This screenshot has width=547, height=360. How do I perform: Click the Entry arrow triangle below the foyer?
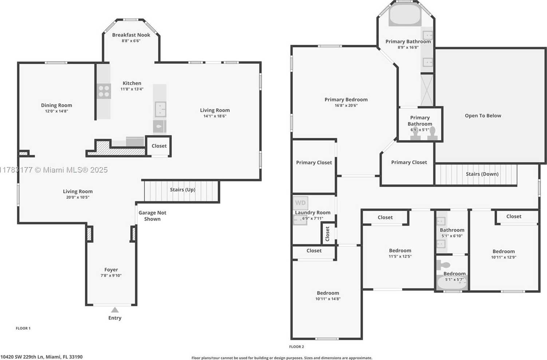(x=115, y=310)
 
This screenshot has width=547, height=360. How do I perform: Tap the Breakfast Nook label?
(x=131, y=35)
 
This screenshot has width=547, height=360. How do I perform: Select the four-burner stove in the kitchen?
(x=104, y=91)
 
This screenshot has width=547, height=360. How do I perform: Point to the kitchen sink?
(x=161, y=109)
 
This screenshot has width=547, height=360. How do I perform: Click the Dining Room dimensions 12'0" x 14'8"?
(x=56, y=111)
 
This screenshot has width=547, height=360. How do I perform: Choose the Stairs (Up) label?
(x=183, y=190)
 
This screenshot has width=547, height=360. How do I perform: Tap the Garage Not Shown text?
(x=152, y=216)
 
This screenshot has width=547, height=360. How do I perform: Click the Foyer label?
(x=111, y=269)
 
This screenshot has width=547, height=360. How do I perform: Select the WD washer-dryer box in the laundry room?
(x=300, y=203)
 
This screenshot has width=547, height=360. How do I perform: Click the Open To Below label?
(x=483, y=116)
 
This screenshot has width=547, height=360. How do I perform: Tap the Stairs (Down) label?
(x=482, y=174)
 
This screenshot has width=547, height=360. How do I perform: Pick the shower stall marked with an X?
(x=427, y=90)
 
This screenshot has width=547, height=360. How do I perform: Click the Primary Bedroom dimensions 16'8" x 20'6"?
(x=346, y=106)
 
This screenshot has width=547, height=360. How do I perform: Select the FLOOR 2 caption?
(x=296, y=347)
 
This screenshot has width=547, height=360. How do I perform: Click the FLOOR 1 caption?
(x=23, y=328)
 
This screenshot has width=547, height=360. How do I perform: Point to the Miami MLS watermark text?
(x=54, y=170)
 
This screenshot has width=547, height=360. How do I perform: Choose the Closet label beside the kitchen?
(x=159, y=146)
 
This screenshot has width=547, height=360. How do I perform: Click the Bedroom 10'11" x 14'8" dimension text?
(x=328, y=299)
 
